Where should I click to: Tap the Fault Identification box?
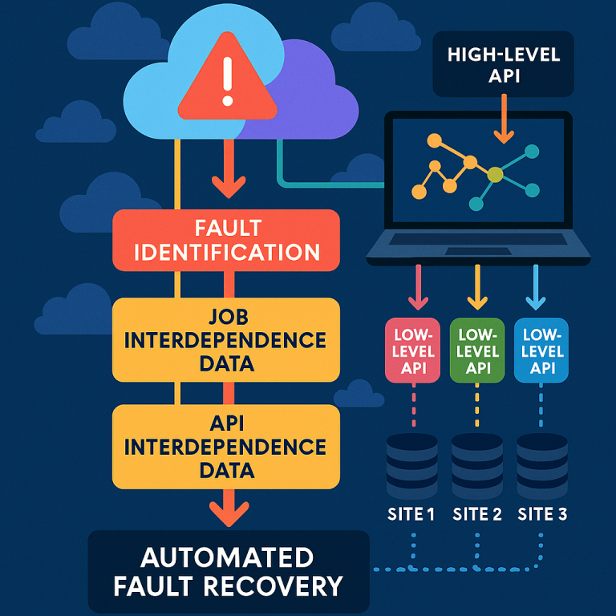[226, 240]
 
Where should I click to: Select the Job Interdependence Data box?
[226, 339]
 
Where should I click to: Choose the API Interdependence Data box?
[226, 447]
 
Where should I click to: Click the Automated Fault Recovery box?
[229, 571]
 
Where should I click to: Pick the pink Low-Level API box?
[415, 350]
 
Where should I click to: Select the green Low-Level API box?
[478, 350]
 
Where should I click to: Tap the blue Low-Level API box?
[543, 350]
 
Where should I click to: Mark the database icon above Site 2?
[477, 464]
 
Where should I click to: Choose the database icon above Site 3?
[543, 464]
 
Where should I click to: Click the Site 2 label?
[477, 514]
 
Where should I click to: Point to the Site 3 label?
[543, 514]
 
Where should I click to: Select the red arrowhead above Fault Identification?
[228, 187]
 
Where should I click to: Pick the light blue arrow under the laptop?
[535, 290]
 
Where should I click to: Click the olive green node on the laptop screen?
[495, 174]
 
